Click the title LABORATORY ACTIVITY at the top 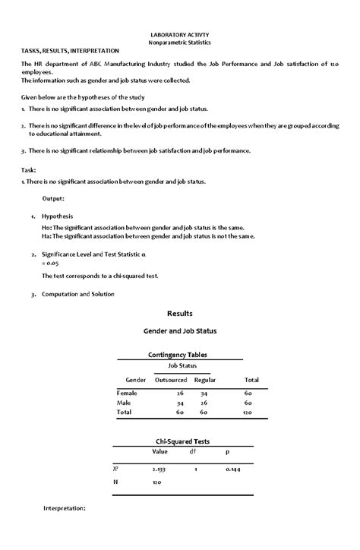click(180, 35)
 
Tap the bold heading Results click(180, 313)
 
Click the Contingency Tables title click(180, 354)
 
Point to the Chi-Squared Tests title click(180, 441)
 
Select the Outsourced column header click(171, 379)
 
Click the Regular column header click(206, 379)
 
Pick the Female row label click(127, 393)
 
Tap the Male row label click(124, 403)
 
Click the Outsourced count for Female click(179, 393)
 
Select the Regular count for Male click(204, 403)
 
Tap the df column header click(193, 451)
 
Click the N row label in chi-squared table click(115, 482)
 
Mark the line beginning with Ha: click(148, 235)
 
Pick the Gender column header click(135, 379)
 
